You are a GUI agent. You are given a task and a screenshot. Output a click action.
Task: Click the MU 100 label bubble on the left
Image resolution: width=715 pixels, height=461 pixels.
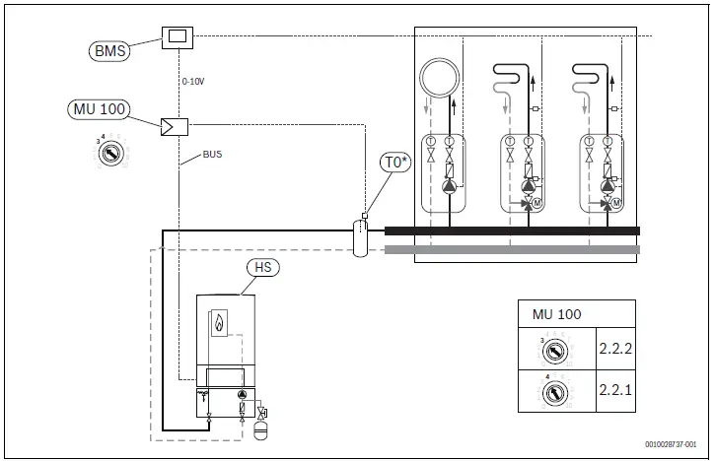(x=99, y=108)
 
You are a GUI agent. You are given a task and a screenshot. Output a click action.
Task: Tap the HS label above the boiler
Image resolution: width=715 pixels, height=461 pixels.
(x=261, y=267)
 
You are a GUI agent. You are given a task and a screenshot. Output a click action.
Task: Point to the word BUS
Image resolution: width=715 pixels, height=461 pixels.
(x=212, y=156)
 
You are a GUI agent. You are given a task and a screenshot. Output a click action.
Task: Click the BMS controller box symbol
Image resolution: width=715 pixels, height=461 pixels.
(x=177, y=37)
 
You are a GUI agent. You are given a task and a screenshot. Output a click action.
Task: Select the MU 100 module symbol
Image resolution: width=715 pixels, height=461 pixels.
(x=175, y=126)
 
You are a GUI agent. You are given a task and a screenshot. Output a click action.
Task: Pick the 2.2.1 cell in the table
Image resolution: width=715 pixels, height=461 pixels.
(x=615, y=391)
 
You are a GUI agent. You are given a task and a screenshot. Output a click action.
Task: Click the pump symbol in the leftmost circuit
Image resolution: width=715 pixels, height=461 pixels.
(x=450, y=185)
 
